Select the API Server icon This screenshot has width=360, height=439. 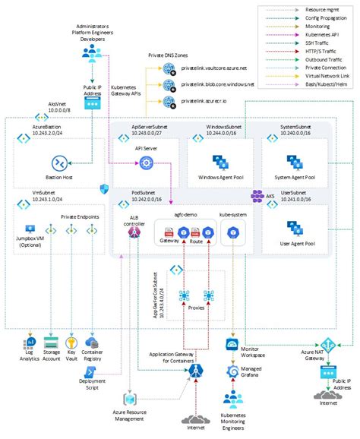[x=145, y=163]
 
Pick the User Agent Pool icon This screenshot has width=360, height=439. [x=295, y=228]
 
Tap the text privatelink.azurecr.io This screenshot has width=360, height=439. [x=208, y=99]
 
